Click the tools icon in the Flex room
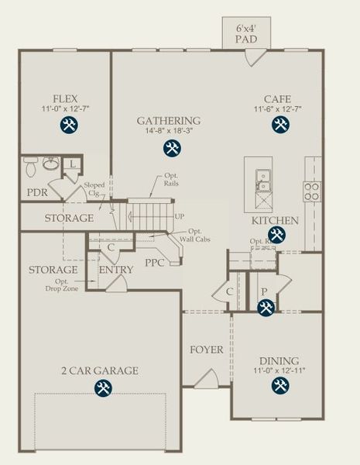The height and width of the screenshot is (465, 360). tap(67, 126)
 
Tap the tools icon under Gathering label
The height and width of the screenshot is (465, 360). tap(170, 146)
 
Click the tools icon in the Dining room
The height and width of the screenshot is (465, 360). tap(279, 387)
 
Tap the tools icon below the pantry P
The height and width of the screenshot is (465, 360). tap(266, 308)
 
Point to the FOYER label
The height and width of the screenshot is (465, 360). tap(207, 350)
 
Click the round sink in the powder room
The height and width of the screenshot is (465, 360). tap(52, 164)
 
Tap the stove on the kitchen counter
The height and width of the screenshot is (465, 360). tap(312, 191)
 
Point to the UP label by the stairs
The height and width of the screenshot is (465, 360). tap(180, 217)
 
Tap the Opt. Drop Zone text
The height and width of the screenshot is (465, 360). tap(68, 284)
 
